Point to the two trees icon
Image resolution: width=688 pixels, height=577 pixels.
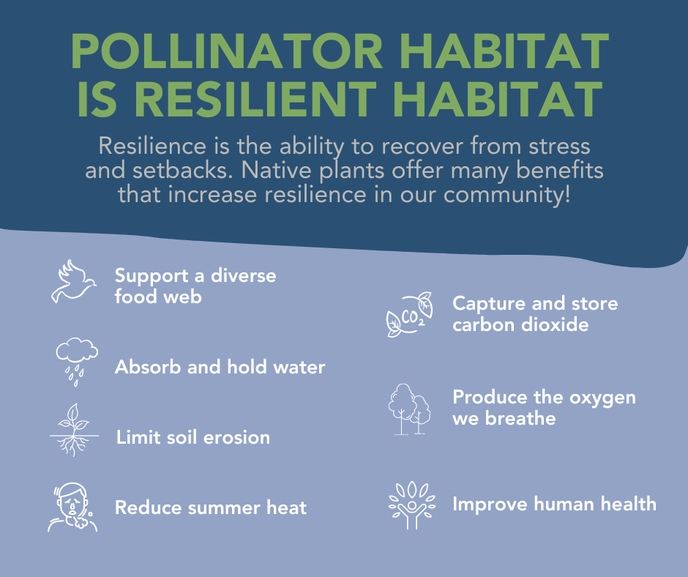[408, 409]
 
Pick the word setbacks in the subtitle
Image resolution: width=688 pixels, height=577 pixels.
[175, 171]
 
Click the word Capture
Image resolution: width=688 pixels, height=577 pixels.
[486, 303]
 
